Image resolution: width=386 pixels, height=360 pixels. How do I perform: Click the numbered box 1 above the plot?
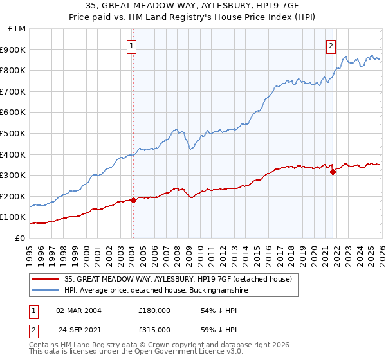point(132,46)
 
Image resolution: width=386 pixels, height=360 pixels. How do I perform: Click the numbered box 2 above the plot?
point(331,46)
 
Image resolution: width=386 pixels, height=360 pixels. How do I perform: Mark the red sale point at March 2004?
point(133,200)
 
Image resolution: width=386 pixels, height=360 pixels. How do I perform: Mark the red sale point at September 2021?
point(333,172)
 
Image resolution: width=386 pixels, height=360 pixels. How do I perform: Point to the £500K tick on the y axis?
point(14,133)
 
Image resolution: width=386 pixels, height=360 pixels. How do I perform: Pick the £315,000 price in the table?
point(154,330)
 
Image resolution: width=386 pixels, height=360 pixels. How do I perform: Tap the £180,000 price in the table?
point(154,310)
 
